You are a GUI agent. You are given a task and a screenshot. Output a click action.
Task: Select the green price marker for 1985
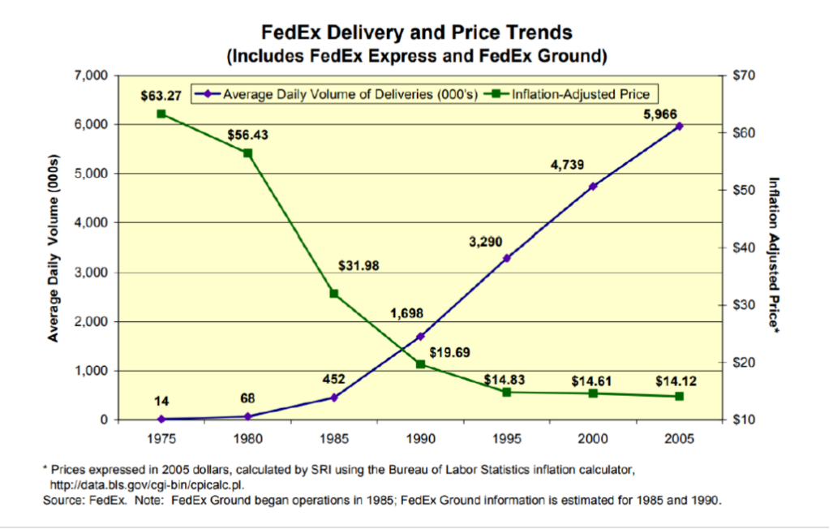click(x=334, y=293)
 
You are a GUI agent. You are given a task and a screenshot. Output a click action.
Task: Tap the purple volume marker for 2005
click(x=679, y=127)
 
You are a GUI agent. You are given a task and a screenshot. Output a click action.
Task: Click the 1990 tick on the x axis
click(x=420, y=438)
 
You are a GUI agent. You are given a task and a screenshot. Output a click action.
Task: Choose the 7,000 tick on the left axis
click(x=91, y=75)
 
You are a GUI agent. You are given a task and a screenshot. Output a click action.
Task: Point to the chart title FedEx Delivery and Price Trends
click(x=417, y=33)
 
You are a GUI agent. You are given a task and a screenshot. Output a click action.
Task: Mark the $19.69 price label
click(x=450, y=353)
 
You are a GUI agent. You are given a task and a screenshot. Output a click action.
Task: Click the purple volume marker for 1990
click(x=420, y=336)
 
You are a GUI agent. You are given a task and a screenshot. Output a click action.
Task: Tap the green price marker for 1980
click(x=247, y=153)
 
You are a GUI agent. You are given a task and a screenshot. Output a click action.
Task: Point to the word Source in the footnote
click(x=62, y=500)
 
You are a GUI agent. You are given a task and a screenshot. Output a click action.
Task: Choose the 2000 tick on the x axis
click(x=593, y=438)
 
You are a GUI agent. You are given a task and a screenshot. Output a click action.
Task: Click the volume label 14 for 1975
click(x=161, y=401)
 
